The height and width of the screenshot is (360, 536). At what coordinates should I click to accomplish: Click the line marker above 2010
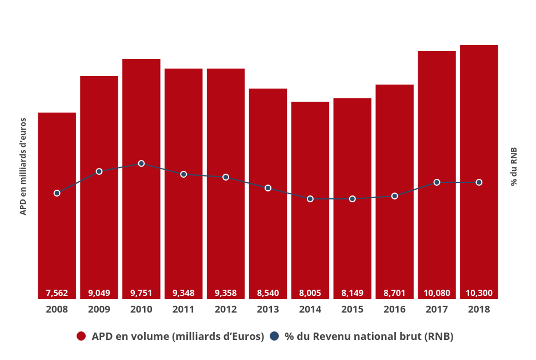pyautogui.click(x=141, y=163)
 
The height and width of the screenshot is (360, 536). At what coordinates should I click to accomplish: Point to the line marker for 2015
pyautogui.click(x=353, y=199)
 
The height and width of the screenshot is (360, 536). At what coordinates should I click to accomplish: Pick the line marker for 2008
pyautogui.click(x=57, y=193)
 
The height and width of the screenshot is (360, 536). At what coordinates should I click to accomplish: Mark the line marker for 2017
pyautogui.click(x=437, y=182)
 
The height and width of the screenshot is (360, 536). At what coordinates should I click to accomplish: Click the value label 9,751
pyautogui.click(x=141, y=293)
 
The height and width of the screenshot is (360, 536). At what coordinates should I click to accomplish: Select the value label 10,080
pyautogui.click(x=437, y=293)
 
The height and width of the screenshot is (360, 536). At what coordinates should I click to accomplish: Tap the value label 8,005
pyautogui.click(x=310, y=293)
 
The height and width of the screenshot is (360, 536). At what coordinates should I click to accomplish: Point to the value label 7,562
pyautogui.click(x=57, y=293)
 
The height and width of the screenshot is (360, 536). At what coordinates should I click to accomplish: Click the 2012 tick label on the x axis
pyautogui.click(x=226, y=309)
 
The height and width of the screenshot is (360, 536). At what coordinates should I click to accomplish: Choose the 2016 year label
pyautogui.click(x=394, y=309)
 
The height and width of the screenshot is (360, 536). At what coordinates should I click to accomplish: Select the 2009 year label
pyautogui.click(x=99, y=309)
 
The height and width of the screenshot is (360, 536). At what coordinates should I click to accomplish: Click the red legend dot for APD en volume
pyautogui.click(x=81, y=337)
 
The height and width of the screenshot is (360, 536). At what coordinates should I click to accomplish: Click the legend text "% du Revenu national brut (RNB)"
pyautogui.click(x=369, y=337)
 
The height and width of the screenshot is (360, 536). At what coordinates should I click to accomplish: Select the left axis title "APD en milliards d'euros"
pyautogui.click(x=23, y=166)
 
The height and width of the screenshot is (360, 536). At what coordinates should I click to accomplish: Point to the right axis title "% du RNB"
pyautogui.click(x=514, y=166)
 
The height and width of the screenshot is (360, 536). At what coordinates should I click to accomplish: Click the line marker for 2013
pyautogui.click(x=268, y=188)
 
